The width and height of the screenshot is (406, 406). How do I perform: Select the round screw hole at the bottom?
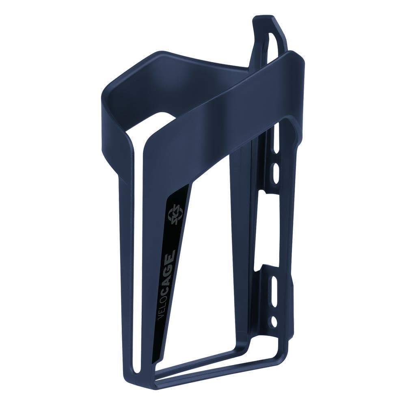[274, 321]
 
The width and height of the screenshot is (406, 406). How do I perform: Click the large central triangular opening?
[211, 264]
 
